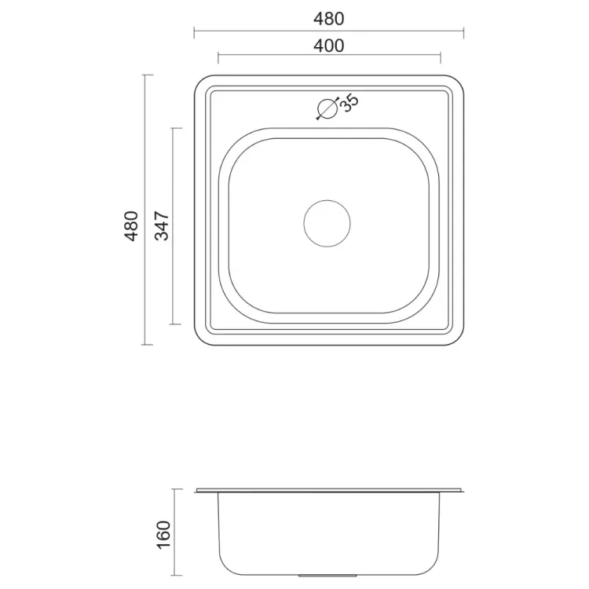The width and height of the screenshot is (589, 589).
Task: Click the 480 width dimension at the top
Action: (329, 19)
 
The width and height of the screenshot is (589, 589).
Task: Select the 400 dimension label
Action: (329, 46)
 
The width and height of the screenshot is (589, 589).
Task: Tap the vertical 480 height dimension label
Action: (131, 225)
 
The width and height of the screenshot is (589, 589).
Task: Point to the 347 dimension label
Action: (163, 225)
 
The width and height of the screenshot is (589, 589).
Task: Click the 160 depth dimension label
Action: (164, 535)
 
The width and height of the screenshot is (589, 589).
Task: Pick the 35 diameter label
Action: (349, 103)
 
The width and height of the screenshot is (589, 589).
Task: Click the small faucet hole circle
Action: (327, 109)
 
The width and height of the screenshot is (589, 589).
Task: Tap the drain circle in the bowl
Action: (327, 224)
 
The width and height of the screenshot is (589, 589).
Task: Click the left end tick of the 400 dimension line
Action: (218, 58)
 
